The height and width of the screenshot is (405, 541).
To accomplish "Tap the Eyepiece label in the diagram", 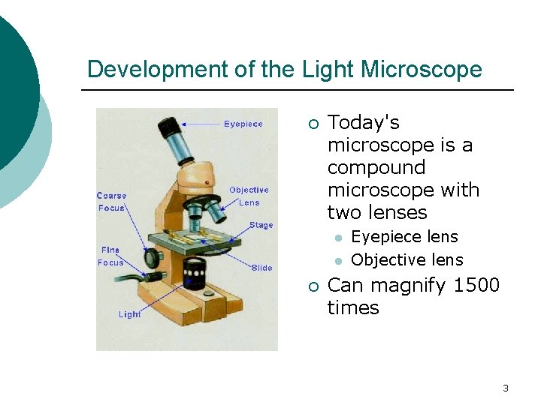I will [243, 124].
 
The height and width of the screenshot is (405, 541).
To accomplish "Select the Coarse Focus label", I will [112, 202].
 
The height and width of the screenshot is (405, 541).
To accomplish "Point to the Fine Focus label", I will [110, 256].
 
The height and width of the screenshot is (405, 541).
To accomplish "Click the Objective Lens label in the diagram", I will [249, 196].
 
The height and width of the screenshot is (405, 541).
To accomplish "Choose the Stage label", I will [261, 225].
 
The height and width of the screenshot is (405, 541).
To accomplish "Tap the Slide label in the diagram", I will [262, 268].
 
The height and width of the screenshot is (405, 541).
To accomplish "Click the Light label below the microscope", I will [129, 314].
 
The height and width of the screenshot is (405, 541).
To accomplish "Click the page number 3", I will [505, 388].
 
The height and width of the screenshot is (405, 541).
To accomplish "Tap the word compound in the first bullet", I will [376, 167].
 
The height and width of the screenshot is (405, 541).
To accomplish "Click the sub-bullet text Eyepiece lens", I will [404, 237].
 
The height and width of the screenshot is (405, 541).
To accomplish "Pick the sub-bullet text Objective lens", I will [407, 260].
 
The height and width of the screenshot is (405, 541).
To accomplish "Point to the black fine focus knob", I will [154, 259].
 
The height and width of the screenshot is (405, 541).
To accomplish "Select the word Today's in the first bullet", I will [364, 122].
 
